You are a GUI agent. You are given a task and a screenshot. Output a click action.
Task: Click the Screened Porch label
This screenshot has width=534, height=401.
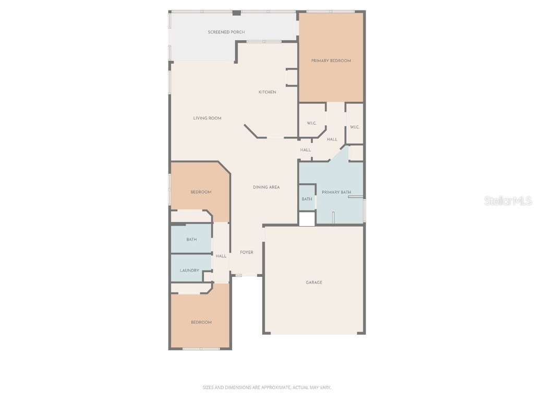226,32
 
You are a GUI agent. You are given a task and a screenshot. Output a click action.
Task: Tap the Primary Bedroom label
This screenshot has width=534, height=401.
331,61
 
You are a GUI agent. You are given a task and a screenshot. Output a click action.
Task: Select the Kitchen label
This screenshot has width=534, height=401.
268,92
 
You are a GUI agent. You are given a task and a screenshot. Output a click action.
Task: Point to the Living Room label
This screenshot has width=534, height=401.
207,119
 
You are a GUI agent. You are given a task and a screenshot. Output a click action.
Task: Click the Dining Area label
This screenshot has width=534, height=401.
266,187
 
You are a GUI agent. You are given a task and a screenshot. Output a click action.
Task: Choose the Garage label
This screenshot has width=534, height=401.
314,282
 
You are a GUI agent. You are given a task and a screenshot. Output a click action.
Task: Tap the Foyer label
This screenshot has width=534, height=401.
247,253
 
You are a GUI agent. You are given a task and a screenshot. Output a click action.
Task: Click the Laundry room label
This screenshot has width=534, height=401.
189,270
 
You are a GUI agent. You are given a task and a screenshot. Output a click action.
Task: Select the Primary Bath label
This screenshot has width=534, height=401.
336,192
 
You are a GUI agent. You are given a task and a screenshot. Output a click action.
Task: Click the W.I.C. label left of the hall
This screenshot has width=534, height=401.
311,123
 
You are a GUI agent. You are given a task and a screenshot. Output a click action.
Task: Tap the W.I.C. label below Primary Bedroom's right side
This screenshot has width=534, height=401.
355,127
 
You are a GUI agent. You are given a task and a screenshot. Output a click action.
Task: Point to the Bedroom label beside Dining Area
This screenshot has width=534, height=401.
201,192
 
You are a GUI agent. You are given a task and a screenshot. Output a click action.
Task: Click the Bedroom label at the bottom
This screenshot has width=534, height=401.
201,322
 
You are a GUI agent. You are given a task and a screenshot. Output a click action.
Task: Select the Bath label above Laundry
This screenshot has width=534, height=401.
191,240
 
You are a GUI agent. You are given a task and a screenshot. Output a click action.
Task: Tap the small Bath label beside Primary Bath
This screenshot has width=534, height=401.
307,199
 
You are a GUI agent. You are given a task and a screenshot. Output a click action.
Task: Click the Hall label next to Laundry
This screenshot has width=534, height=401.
221,256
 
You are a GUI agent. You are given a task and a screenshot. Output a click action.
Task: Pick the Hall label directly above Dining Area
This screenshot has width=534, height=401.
305,150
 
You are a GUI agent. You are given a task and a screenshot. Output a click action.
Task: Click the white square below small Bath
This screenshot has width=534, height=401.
307,219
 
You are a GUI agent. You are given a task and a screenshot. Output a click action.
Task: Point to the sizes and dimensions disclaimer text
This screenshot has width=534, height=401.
267,387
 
